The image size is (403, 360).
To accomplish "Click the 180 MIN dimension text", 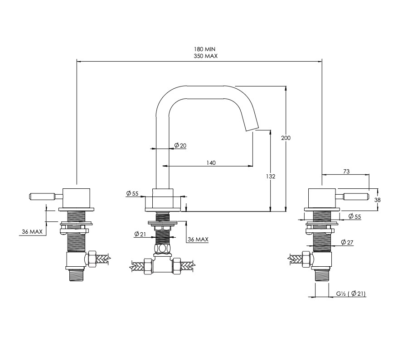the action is [x=204, y=49].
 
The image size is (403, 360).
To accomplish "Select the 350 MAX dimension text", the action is [x=206, y=56].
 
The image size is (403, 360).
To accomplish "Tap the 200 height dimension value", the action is [x=286, y=138].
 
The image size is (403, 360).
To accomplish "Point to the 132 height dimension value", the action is [x=270, y=177].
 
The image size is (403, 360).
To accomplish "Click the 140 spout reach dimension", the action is [x=211, y=163].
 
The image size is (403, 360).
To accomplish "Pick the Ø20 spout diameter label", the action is [x=180, y=145].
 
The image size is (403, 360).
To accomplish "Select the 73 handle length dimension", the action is [x=346, y=171].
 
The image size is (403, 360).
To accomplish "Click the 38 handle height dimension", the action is [x=377, y=200].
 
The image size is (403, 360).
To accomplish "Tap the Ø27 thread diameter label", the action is [x=347, y=242].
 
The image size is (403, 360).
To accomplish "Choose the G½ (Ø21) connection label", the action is [x=351, y=293].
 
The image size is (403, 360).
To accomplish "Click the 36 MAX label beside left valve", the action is [x=32, y=231].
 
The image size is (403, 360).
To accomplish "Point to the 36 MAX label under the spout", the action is [x=198, y=239].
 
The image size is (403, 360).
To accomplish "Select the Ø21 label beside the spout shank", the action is [x=140, y=234].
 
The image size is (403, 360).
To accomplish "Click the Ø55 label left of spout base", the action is [x=132, y=193].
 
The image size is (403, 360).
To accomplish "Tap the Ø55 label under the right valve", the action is [x=354, y=216].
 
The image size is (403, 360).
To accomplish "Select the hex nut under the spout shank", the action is [x=163, y=249].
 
